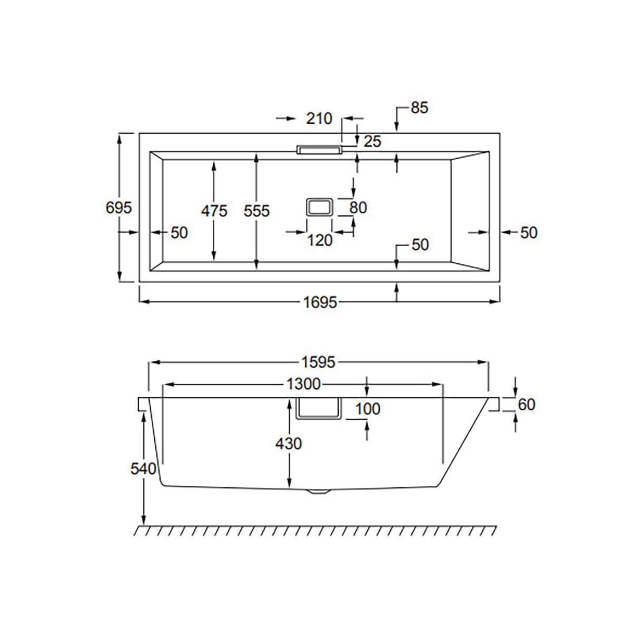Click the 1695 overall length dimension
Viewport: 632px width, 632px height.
coord(320,302)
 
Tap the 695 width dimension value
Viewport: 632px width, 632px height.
coord(118,208)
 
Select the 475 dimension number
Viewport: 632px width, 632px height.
coord(214,211)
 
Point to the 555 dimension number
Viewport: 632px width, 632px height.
coord(256,211)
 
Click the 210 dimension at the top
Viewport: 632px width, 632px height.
coord(319,118)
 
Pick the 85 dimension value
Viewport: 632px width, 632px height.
coord(419,108)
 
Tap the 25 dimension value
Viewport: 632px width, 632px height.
coord(372,141)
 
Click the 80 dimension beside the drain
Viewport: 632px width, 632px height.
coord(358,208)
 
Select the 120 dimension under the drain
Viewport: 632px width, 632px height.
coord(320,241)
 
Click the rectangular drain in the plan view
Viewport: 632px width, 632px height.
coord(320,207)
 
